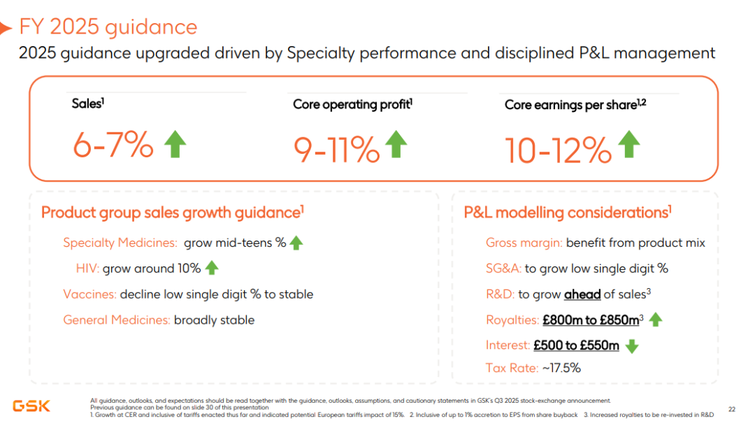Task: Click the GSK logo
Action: [31, 406]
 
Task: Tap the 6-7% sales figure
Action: [113, 145]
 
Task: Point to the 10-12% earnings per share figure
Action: [558, 150]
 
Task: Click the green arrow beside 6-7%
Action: [175, 144]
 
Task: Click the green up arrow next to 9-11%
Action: [396, 144]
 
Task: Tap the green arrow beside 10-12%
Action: [629, 144]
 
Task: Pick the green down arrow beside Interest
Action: [632, 346]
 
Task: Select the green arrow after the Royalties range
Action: [655, 320]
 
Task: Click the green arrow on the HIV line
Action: [212, 268]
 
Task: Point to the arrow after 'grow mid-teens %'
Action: [296, 243]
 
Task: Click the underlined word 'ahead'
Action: [582, 294]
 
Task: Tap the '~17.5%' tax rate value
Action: [561, 368]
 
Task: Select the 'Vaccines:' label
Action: [89, 294]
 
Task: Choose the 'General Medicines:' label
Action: [117, 320]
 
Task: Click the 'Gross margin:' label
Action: [524, 243]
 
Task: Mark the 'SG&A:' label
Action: [503, 269]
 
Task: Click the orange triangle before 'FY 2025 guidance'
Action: [6, 29]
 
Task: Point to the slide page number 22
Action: [732, 409]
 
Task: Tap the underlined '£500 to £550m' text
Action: [576, 345]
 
